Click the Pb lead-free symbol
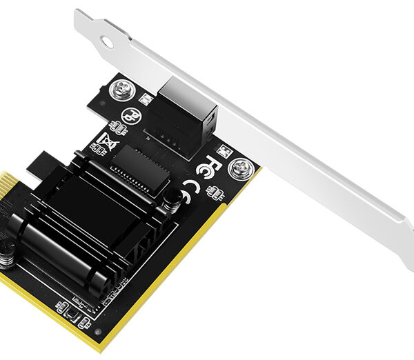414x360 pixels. click(129, 115)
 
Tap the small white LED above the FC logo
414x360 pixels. click(222, 148)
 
